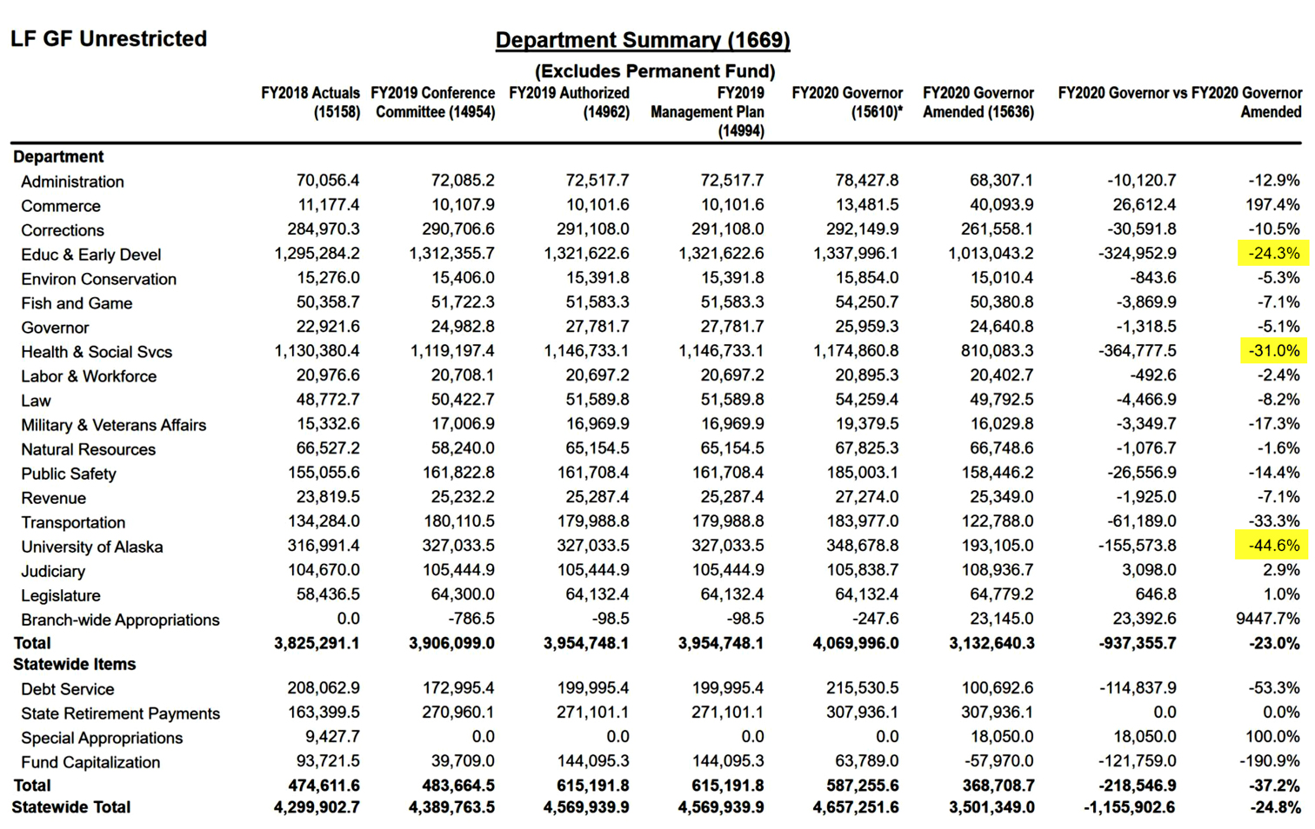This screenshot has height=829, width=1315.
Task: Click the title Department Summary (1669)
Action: [x=643, y=40]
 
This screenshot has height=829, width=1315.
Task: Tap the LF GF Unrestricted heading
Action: [x=109, y=39]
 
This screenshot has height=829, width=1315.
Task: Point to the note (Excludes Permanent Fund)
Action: [x=654, y=71]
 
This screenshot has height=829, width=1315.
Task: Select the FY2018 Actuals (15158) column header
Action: [x=310, y=102]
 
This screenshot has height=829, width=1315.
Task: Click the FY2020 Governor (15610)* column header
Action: [x=847, y=102]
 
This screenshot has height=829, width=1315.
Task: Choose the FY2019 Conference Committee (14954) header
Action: [x=433, y=102]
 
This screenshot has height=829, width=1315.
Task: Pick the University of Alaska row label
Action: [x=91, y=547]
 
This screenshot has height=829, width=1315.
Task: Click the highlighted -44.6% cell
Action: [x=1272, y=546]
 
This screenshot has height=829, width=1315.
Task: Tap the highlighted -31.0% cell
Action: [x=1272, y=351]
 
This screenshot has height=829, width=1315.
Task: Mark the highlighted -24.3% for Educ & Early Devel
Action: [x=1272, y=254]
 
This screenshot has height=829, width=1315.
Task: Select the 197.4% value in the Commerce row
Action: [x=1272, y=205]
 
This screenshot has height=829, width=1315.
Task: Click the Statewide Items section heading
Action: [x=75, y=665]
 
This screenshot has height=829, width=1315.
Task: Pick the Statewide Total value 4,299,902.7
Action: [x=317, y=807]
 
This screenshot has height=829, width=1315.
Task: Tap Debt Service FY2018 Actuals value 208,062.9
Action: [x=323, y=688]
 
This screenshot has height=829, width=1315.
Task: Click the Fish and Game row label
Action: [x=77, y=303]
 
